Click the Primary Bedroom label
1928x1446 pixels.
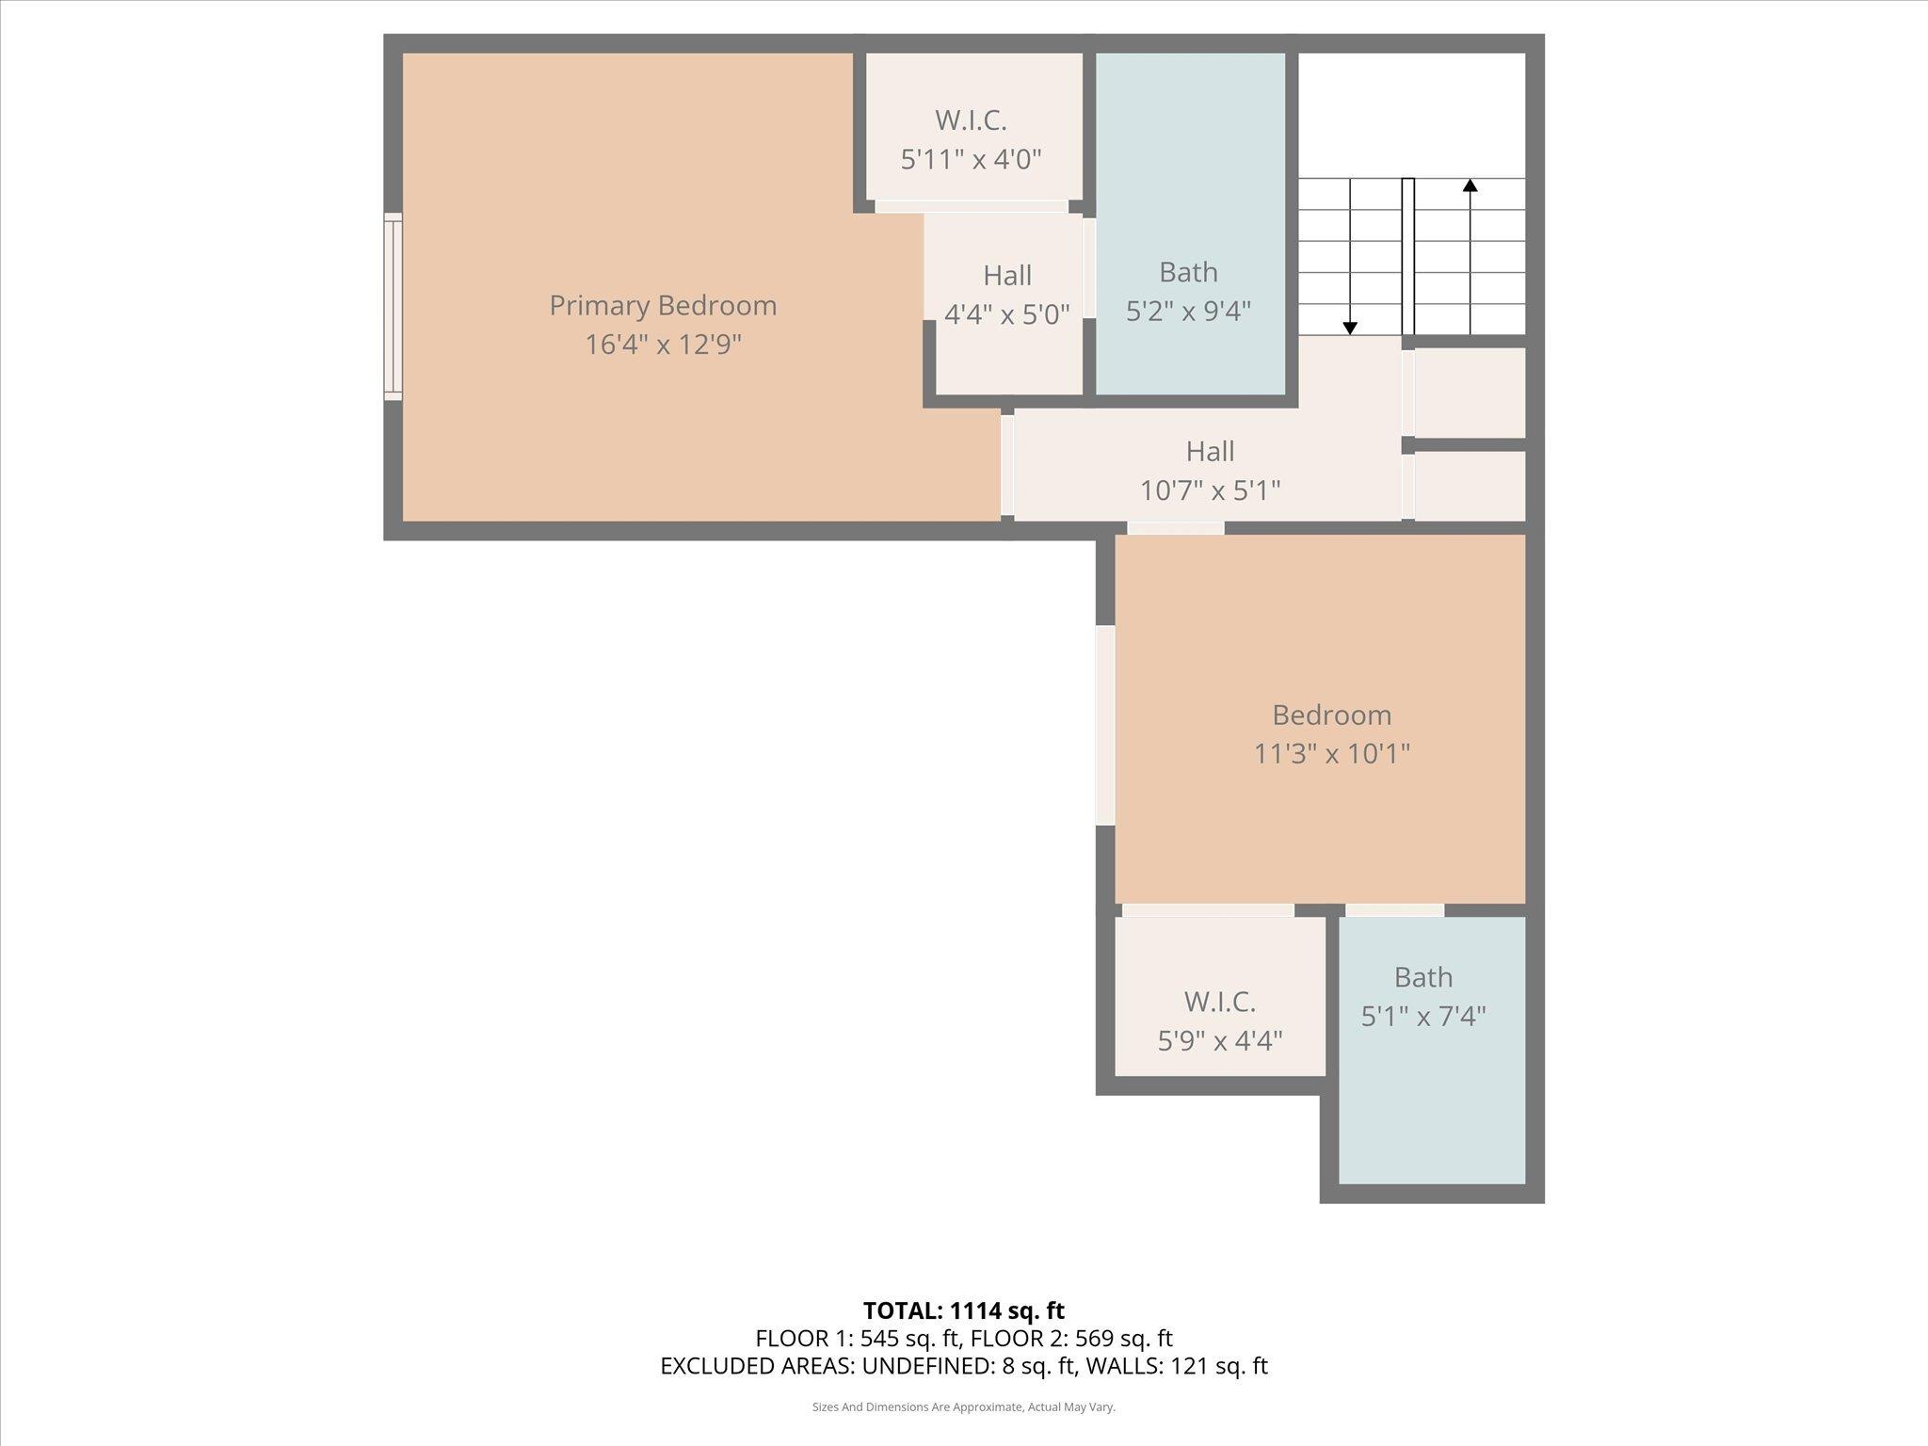coord(663,306)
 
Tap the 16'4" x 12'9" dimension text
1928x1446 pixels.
coord(663,345)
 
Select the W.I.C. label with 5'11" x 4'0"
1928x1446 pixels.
coord(971,120)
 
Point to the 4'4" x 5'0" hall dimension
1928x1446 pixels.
coord(1006,314)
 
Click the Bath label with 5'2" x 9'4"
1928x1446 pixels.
coord(1188,272)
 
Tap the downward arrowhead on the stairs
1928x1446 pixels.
coord(1350,328)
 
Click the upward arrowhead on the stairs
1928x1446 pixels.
coord(1470,185)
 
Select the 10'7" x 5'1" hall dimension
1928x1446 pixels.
coord(1210,490)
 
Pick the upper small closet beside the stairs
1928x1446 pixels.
coord(1469,392)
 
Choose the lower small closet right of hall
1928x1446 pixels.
coord(1469,485)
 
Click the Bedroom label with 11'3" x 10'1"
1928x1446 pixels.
coord(1331,715)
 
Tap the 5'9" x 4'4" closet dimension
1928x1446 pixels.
coord(1219,1041)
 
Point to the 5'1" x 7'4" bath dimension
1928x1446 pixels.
coord(1423,1017)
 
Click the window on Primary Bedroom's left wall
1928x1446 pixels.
coord(393,307)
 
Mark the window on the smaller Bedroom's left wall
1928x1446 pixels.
coord(1104,726)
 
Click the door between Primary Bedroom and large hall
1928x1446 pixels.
coord(1006,466)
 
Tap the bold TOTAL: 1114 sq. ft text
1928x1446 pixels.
coord(963,1310)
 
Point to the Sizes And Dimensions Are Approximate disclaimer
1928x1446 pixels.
coord(963,1407)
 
